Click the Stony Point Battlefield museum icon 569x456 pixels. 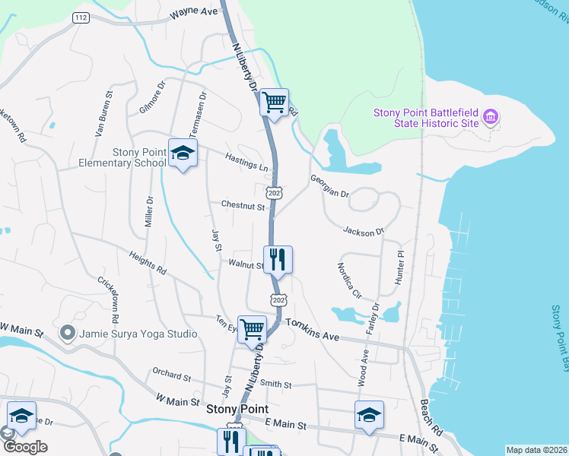point(491,118)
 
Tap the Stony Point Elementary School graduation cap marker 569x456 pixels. point(183,154)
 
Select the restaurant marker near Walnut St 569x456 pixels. point(278,260)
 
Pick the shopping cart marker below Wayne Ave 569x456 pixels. point(274,102)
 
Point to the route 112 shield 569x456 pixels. point(81,17)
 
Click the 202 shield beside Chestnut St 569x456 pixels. point(275,194)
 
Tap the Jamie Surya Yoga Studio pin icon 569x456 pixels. point(68,333)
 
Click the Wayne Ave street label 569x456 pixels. point(193,13)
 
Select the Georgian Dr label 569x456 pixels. point(329,187)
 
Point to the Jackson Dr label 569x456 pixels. point(364,230)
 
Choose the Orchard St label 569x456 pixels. point(171,375)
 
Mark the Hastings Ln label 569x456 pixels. point(248,161)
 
